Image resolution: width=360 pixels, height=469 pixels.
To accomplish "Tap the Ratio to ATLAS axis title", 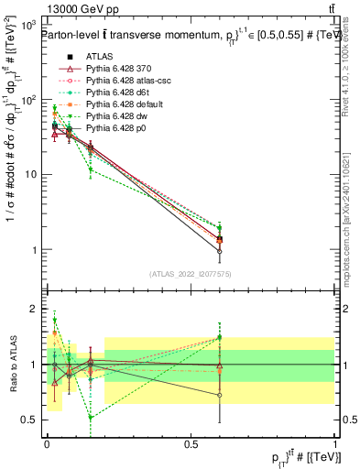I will pyautogui.click(x=13, y=364).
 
